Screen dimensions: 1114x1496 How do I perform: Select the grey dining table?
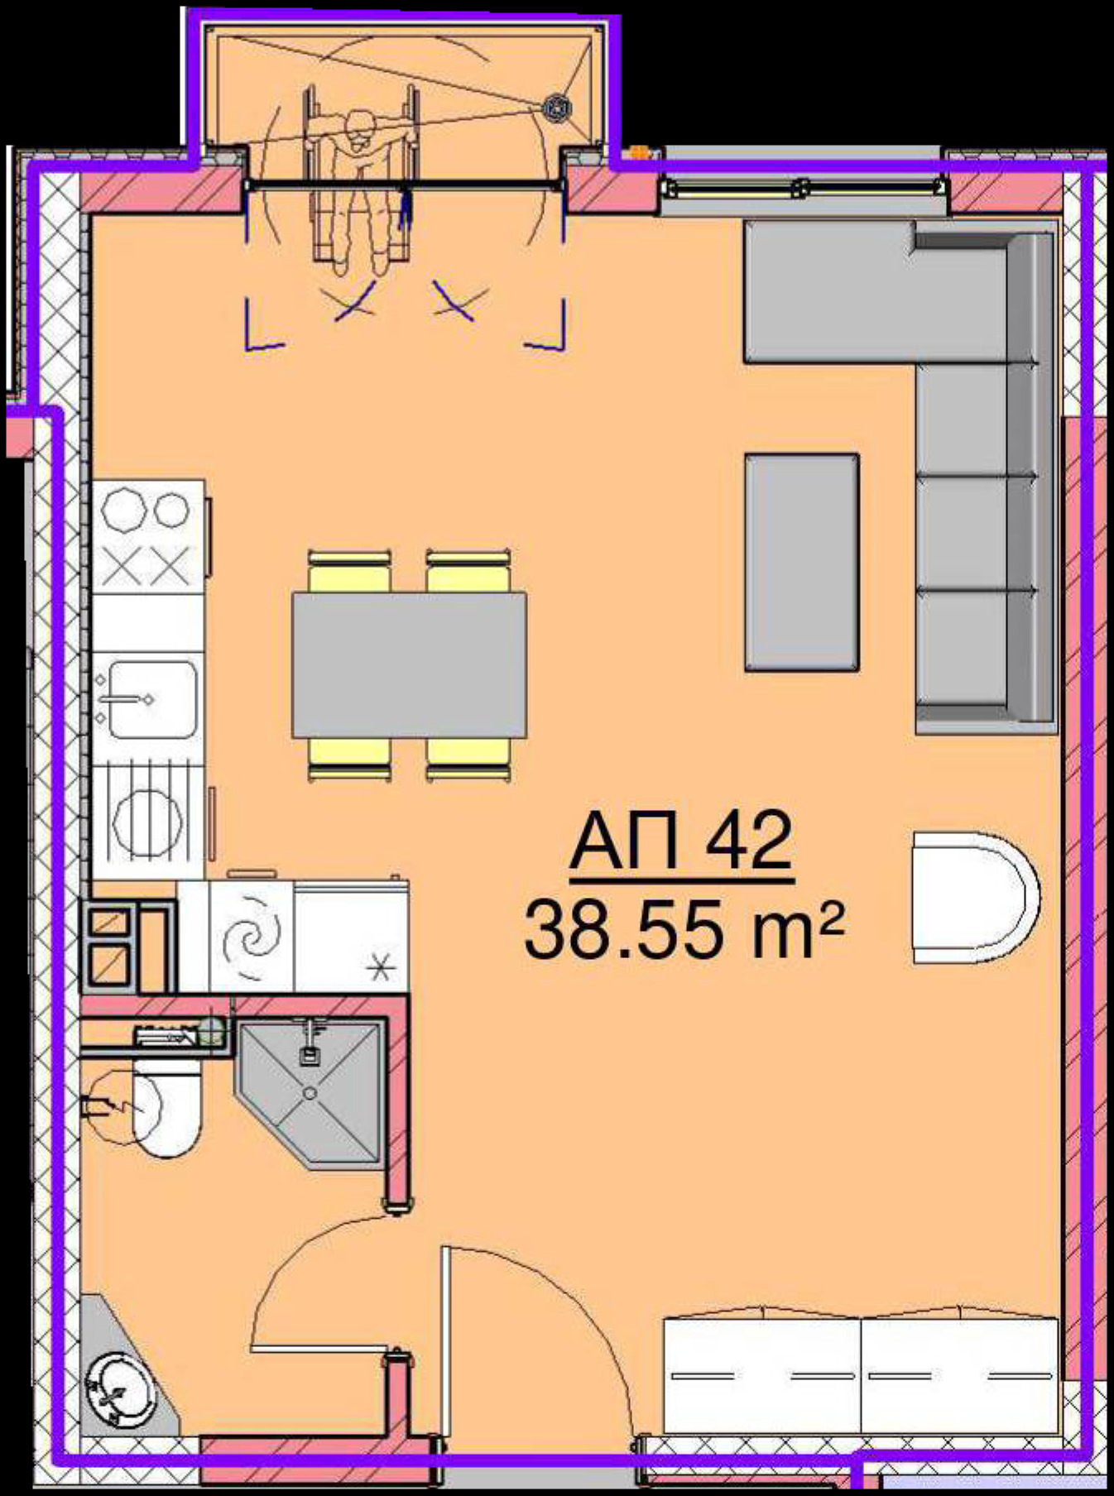click(x=409, y=664)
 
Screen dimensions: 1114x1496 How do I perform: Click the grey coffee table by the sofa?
click(x=801, y=562)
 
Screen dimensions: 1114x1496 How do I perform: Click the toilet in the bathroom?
click(x=166, y=1110)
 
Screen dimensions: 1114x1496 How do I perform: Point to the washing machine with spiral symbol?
click(x=252, y=936)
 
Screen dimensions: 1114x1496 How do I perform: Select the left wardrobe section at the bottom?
click(x=761, y=1374)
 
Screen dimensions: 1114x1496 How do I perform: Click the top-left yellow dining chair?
click(x=348, y=571)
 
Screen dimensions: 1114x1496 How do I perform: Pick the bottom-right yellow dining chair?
click(x=468, y=759)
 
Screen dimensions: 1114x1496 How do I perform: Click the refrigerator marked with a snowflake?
click(x=351, y=936)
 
